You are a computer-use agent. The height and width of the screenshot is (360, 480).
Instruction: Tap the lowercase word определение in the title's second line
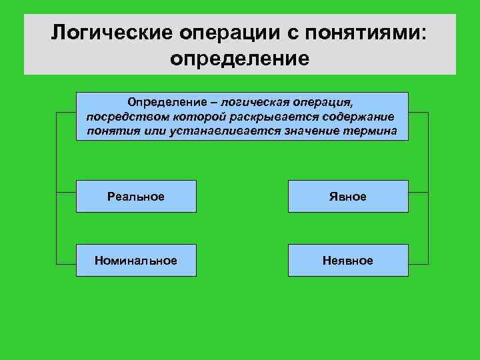[240, 58]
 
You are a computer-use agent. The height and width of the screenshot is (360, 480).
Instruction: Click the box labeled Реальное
[136, 197]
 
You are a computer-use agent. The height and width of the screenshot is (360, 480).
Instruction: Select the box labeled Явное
[347, 197]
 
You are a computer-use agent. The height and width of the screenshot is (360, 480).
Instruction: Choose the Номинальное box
[136, 260]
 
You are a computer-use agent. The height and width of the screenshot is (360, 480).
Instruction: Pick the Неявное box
[347, 260]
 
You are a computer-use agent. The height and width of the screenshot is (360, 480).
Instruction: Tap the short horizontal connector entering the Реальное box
[66, 193]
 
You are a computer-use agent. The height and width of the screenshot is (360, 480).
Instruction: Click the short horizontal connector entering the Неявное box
[418, 261]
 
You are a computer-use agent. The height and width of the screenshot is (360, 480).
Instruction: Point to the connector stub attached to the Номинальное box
[66, 261]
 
